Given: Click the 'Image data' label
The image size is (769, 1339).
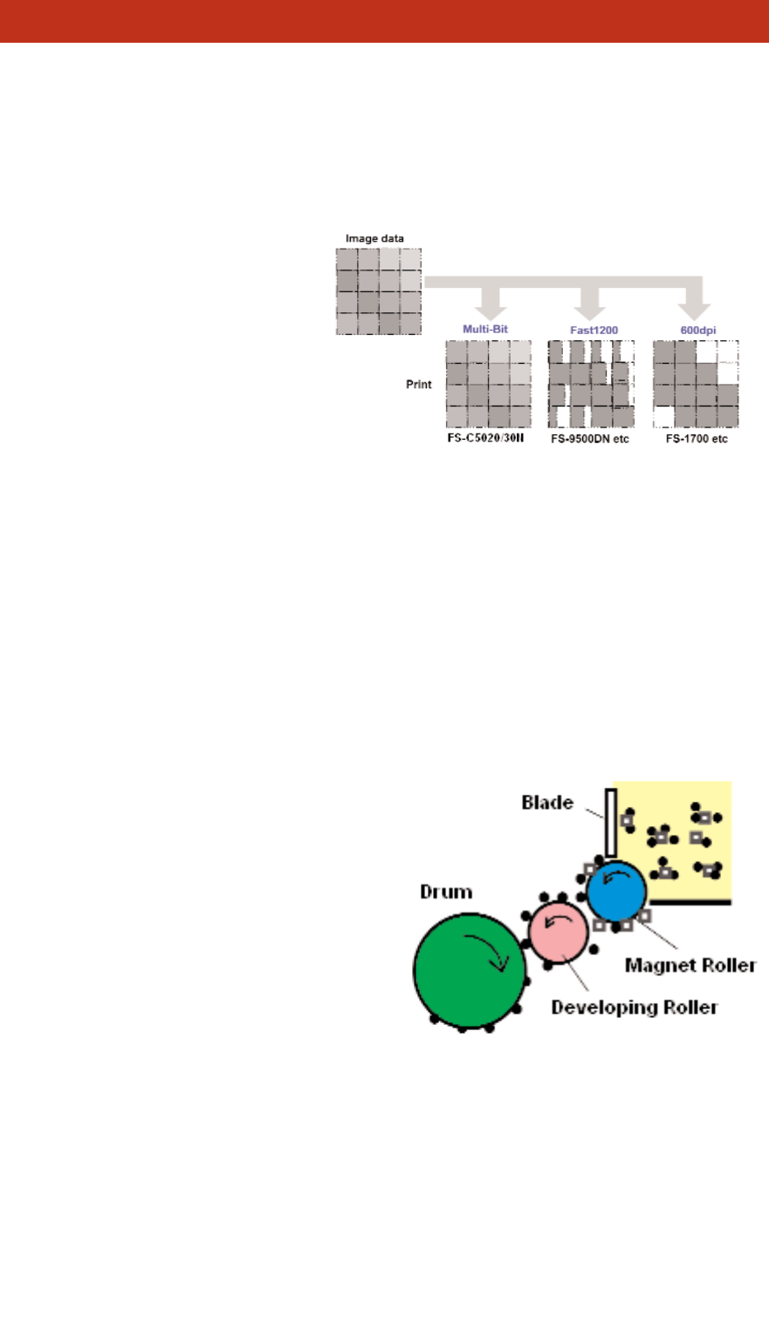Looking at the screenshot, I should (374, 238).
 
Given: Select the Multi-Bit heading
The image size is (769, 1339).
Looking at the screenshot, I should (485, 331).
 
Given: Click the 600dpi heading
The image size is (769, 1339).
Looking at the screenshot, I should (697, 331).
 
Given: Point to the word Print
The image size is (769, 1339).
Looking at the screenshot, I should (419, 384).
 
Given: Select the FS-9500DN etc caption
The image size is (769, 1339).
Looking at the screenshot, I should (590, 439).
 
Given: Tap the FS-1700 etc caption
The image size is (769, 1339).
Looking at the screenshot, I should (696, 439).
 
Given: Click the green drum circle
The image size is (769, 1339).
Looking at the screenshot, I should (470, 969).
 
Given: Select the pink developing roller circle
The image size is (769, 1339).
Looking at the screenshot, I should (558, 931).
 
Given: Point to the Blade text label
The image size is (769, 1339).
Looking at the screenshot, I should (548, 802).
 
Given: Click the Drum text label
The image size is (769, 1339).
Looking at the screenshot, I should (446, 892).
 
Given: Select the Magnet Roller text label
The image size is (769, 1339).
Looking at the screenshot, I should (690, 966).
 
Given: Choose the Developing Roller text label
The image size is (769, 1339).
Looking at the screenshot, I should (635, 1008).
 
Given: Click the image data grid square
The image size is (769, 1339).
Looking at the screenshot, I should (379, 291).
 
